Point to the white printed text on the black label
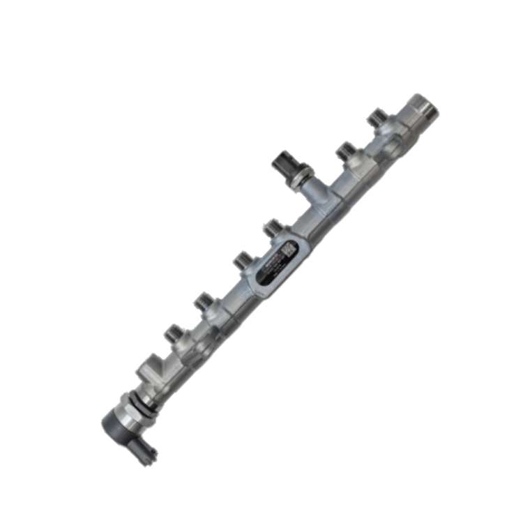(x=268, y=268)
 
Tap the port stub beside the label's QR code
(x=272, y=229)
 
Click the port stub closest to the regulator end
(x=174, y=333)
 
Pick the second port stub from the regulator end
(x=202, y=302)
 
